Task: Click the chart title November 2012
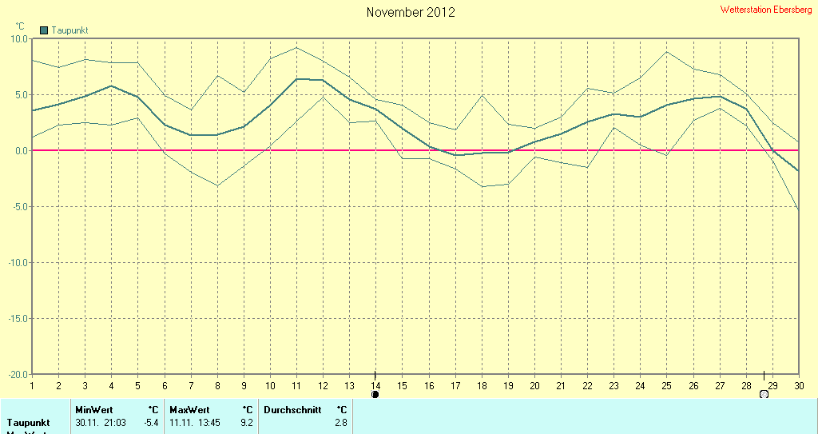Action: (411, 12)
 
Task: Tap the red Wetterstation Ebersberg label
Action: (766, 10)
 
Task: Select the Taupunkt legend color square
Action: (44, 30)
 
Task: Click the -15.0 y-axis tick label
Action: (18, 318)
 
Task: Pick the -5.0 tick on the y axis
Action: (19, 206)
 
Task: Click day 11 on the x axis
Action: (296, 385)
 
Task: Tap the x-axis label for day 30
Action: (798, 385)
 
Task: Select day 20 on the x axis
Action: (534, 385)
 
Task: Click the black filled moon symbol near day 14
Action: (375, 394)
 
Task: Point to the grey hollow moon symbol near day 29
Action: (764, 394)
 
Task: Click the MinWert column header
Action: (94, 409)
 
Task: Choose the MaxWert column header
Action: (189, 409)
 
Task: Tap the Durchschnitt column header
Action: (292, 409)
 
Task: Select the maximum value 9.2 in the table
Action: (246, 422)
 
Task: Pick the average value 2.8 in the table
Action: (341, 422)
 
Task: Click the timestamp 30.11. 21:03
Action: (101, 422)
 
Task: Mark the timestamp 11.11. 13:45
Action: (195, 422)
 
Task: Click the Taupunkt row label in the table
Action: (28, 422)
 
